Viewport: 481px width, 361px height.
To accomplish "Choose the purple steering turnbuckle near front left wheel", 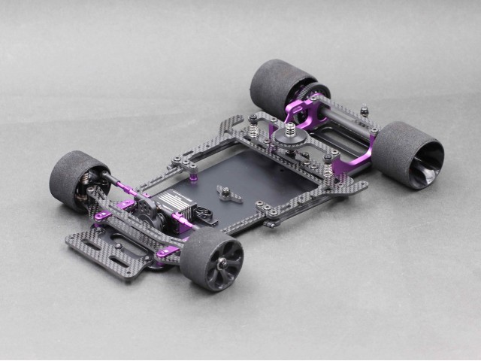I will coord(128,185).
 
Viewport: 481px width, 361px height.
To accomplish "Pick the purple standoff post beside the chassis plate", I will coord(194,177).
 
